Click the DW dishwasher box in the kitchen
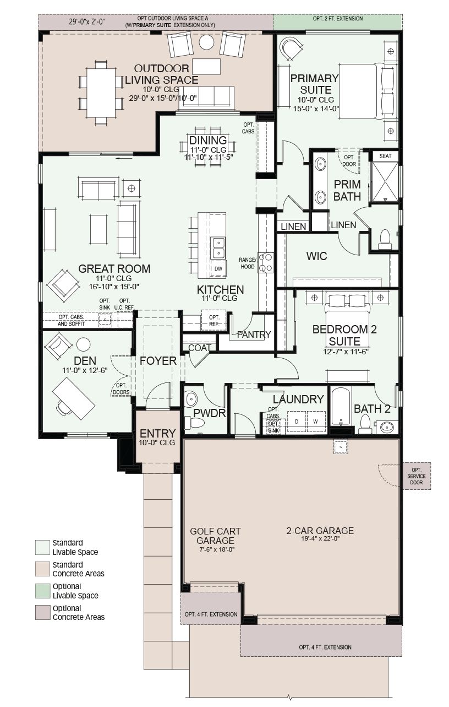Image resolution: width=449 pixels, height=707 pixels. (x=218, y=268)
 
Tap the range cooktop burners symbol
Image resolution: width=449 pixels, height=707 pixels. (x=265, y=263)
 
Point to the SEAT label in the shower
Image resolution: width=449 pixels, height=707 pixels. (x=385, y=156)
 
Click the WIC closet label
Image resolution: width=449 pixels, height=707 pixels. (x=316, y=256)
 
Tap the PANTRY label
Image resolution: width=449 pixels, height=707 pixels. (x=254, y=334)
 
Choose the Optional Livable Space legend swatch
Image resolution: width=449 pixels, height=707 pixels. (x=42, y=591)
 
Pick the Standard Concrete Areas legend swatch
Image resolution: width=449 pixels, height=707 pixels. (x=42, y=569)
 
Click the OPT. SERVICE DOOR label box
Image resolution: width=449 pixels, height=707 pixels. (x=417, y=476)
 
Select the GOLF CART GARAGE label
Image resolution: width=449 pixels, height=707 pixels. (x=215, y=536)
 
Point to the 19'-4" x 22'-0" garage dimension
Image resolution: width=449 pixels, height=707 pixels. (x=320, y=538)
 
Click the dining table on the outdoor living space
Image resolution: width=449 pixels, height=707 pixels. (x=101, y=93)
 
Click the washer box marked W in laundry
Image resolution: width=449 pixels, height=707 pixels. (x=316, y=422)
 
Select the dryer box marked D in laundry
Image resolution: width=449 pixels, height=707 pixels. (x=297, y=422)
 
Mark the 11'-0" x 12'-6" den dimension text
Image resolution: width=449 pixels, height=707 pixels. (x=85, y=370)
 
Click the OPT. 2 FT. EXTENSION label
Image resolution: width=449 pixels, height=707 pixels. (x=338, y=19)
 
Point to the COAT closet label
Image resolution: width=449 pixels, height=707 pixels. (x=200, y=348)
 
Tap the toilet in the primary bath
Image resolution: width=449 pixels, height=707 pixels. (x=385, y=240)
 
